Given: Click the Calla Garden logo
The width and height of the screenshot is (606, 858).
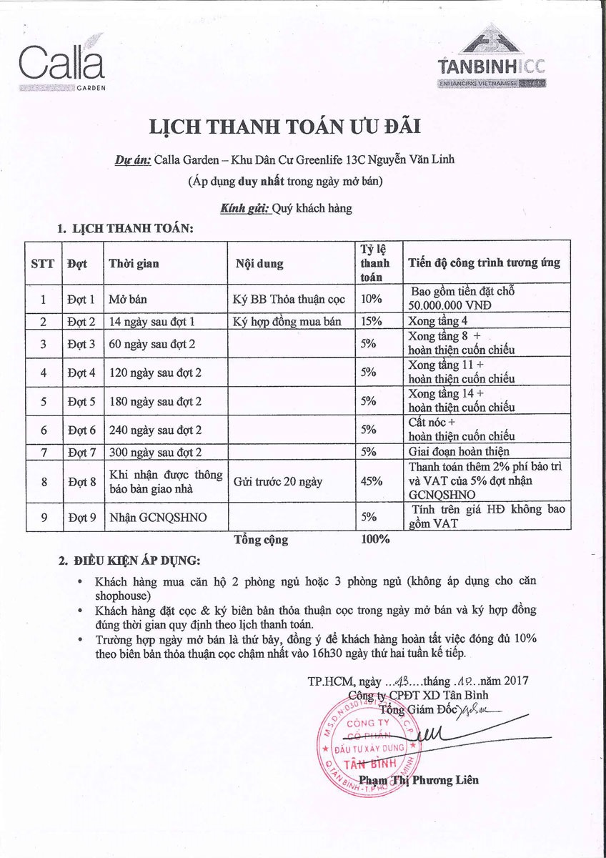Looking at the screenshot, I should pos(63,65).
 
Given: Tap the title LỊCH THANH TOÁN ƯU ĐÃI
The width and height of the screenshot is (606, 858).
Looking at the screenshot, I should pos(284,127).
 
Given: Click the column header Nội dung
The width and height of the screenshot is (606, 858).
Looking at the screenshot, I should pos(259,264).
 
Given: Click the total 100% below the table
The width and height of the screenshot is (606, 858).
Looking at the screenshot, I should pos(375,539).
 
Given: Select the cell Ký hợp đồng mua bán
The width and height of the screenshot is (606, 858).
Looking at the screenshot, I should pos(287,321).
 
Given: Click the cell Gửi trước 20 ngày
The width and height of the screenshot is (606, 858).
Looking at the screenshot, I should pos(278,481).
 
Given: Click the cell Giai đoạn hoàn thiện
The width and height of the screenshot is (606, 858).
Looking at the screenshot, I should pos(458,450).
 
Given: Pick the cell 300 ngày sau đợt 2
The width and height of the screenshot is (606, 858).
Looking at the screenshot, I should pos(154,451).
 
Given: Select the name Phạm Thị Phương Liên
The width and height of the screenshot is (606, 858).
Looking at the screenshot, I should pos(419,779).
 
